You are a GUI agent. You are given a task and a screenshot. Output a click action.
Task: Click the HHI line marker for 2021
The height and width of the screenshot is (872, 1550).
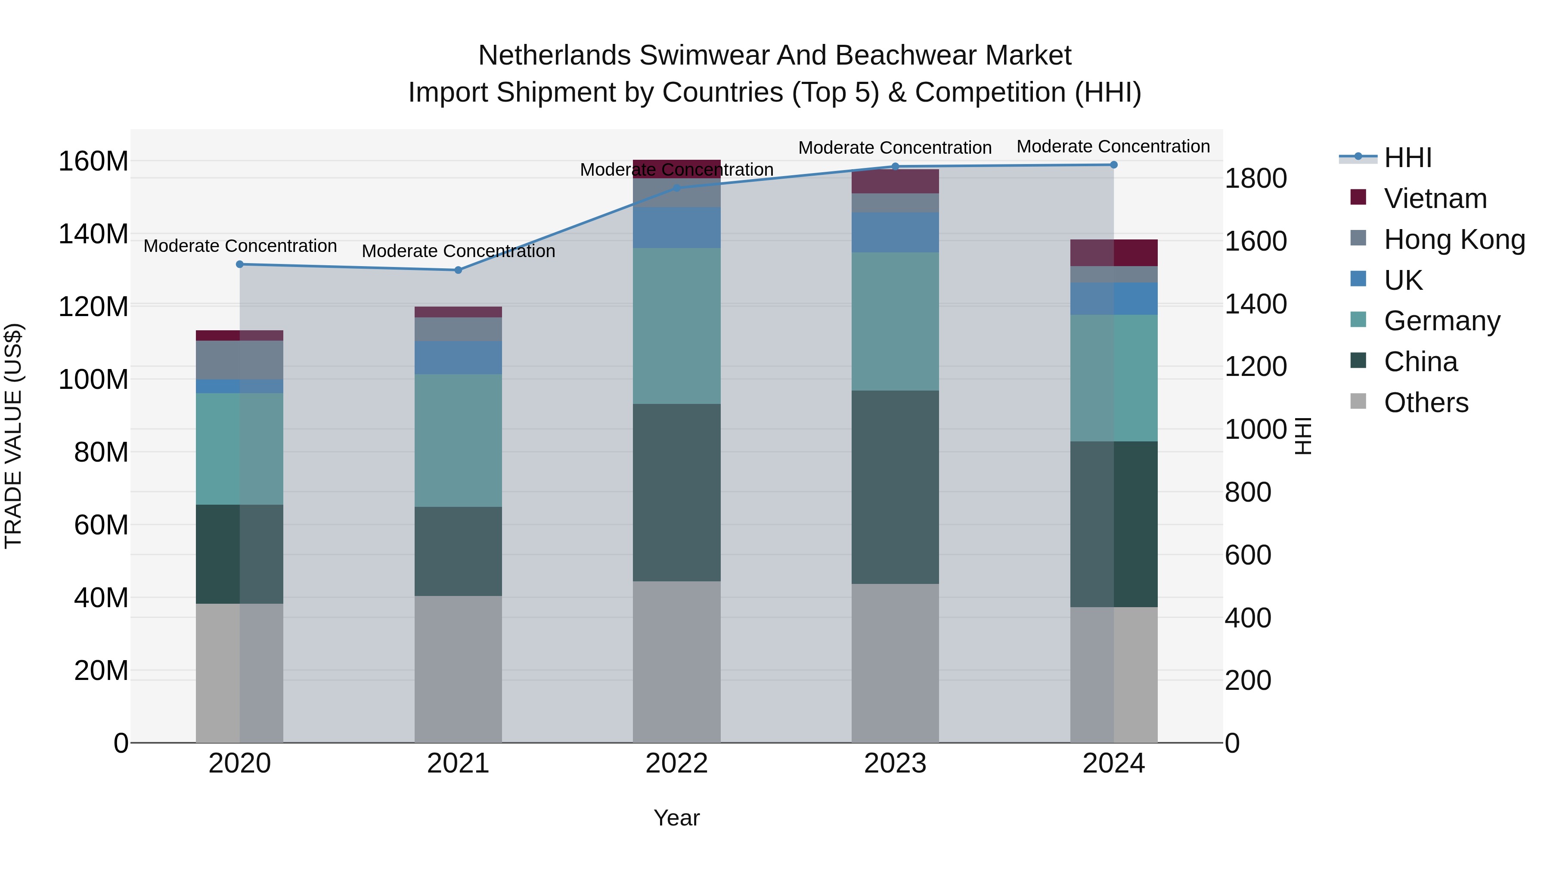coord(458,270)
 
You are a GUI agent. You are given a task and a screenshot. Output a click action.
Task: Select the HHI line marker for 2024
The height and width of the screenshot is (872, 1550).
coord(1114,165)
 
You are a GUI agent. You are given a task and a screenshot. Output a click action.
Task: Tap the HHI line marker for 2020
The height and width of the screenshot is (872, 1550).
coord(239,264)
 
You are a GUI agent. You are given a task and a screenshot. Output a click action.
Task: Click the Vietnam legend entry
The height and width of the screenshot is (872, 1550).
coord(1435,199)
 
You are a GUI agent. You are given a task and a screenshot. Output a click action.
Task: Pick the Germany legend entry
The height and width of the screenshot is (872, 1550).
coord(1441,321)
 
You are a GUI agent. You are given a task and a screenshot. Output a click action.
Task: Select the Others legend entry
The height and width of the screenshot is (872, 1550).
coord(1426,403)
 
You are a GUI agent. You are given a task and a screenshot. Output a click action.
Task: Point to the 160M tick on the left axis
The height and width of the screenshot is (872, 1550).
coord(93,161)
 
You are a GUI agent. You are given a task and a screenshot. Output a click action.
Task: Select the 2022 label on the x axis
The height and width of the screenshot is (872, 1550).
coord(676,763)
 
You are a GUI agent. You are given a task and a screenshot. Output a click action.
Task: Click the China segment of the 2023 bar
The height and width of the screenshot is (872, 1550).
coord(895,487)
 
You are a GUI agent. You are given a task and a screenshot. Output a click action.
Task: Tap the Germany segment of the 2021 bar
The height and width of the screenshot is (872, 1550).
coord(458,441)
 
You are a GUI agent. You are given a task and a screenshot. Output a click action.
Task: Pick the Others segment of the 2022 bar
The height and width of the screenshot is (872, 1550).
coord(676,661)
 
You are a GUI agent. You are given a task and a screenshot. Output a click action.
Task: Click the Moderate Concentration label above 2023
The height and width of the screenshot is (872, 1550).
coord(895,148)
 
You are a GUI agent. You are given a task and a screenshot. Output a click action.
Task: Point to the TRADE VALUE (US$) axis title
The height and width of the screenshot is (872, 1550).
coord(13,436)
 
